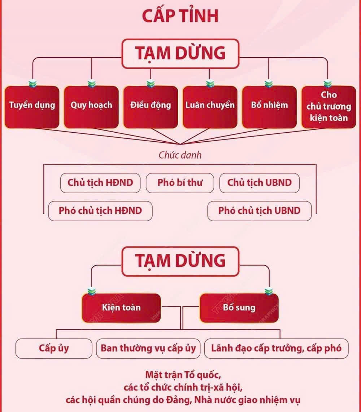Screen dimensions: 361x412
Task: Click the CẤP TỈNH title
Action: click(x=180, y=15)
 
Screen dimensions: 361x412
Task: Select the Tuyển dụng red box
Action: click(x=32, y=107)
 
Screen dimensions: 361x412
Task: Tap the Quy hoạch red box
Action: click(x=91, y=107)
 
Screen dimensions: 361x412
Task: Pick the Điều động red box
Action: click(x=151, y=107)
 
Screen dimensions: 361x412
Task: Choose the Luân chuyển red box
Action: click(x=210, y=107)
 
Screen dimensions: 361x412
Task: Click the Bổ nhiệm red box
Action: click(x=269, y=107)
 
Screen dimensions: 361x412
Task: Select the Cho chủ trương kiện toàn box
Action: click(x=329, y=107)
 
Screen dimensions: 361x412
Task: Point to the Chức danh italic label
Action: click(x=180, y=155)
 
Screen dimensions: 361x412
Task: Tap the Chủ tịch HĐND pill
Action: click(x=100, y=183)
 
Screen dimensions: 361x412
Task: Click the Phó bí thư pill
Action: click(x=180, y=183)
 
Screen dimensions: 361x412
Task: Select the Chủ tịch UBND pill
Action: click(x=260, y=183)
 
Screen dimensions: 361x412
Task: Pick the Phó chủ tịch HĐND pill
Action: click(x=100, y=211)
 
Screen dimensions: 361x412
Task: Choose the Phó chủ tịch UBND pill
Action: click(x=260, y=211)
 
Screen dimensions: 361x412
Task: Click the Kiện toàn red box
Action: click(x=121, y=308)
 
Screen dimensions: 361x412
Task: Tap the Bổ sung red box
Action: click(x=239, y=308)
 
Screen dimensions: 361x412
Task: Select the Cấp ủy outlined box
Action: click(x=54, y=349)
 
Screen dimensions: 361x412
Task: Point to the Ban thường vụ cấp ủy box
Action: click(x=148, y=349)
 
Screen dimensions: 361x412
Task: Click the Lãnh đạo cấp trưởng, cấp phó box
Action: click(x=276, y=349)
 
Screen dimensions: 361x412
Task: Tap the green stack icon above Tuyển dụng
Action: click(x=32, y=84)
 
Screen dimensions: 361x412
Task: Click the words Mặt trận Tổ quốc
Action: click(x=183, y=375)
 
